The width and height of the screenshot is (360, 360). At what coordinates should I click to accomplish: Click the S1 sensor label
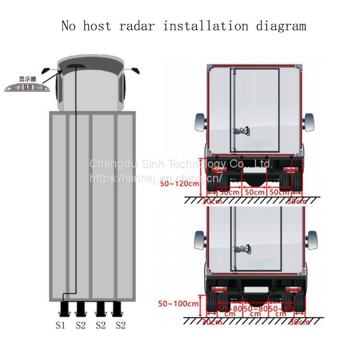point(60,325)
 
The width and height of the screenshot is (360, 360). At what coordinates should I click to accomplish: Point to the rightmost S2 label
point(120,325)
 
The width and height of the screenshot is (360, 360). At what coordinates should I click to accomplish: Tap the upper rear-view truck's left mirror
point(200,123)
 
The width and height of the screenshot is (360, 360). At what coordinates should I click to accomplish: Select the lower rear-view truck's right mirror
point(312,240)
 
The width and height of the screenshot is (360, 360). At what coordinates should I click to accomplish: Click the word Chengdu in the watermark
point(112,164)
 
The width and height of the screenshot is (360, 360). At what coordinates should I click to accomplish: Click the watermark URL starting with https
point(156,178)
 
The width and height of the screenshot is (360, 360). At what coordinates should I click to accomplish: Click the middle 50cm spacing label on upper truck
point(254,192)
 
